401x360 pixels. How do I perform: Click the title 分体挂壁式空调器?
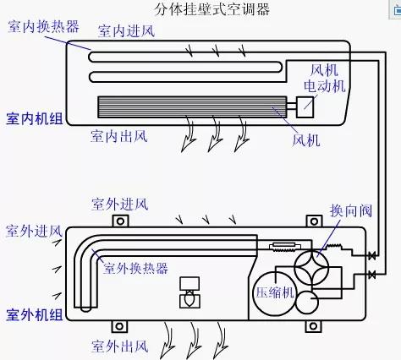200,9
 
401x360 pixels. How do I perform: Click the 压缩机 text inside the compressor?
274,292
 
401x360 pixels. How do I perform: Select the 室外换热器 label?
135,269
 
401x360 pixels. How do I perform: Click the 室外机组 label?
35,315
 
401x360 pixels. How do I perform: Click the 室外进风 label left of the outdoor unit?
34,230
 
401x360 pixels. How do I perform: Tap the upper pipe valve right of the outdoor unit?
372,256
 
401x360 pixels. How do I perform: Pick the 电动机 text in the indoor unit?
327,85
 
